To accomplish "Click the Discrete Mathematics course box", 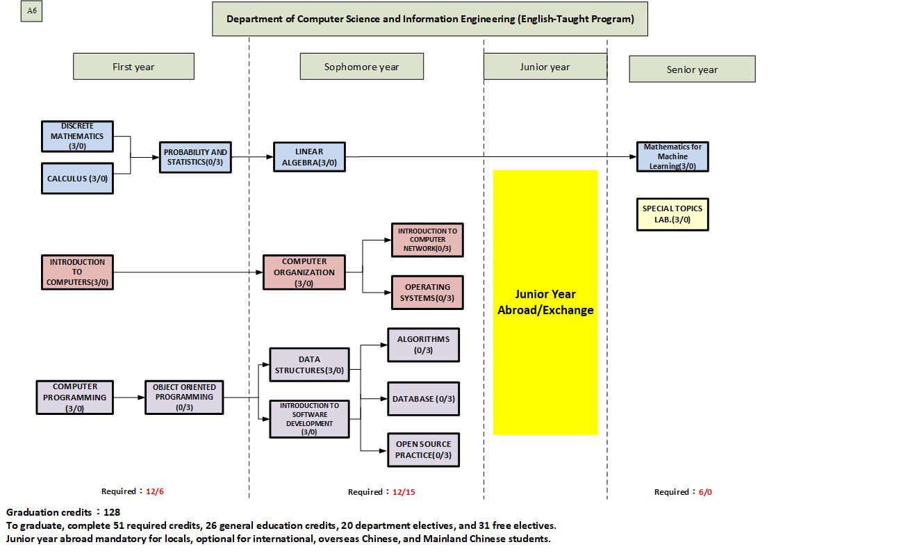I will (x=77, y=136).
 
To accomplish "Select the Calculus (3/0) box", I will (x=77, y=179).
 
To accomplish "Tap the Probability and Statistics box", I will (x=196, y=157).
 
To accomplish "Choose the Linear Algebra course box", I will (x=309, y=157).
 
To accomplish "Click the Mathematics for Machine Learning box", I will (x=672, y=156).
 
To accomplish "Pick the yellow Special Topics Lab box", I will (x=672, y=214).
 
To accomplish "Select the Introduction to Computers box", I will (x=77, y=272).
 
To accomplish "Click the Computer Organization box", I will (x=304, y=272).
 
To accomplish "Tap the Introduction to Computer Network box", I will (x=427, y=240).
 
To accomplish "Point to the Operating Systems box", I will (x=427, y=293).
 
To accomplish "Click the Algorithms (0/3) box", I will (x=423, y=345).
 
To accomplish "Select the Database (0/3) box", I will (x=423, y=399).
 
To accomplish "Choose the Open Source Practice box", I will (x=423, y=450).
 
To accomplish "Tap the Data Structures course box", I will (x=309, y=365).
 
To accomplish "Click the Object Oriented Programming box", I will (x=184, y=398).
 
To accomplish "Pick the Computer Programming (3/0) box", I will (x=75, y=398).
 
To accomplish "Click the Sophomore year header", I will (x=361, y=67).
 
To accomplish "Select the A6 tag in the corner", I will (x=32, y=11).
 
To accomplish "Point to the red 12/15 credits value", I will (x=404, y=492).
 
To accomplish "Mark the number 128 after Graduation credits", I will (x=112, y=512).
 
